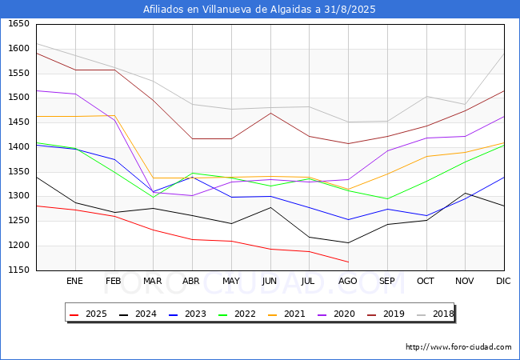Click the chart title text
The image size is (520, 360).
(x=259, y=10)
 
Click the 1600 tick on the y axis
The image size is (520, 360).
(x=18, y=49)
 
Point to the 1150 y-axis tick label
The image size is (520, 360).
(x=18, y=270)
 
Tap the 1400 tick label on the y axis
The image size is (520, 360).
(x=18, y=147)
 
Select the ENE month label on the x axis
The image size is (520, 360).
(x=74, y=281)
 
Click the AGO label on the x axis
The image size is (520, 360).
(x=348, y=281)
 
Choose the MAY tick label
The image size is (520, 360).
(x=230, y=281)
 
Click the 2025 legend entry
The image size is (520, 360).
(x=89, y=314)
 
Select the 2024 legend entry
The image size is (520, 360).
(x=138, y=314)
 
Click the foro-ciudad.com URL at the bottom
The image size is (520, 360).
(x=458, y=347)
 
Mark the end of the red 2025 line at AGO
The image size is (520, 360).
(x=348, y=262)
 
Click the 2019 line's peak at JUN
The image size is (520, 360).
(x=270, y=113)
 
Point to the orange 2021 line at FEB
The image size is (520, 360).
(x=114, y=115)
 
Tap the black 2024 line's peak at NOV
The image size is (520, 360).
(x=465, y=194)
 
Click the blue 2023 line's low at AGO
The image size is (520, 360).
(x=348, y=219)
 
